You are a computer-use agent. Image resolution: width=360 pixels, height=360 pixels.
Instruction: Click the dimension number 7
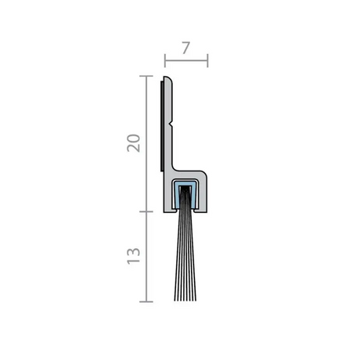click(x=185, y=48)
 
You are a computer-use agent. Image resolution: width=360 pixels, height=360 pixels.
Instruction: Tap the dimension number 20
click(x=134, y=143)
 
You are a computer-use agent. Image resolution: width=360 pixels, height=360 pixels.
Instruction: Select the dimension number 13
click(x=134, y=256)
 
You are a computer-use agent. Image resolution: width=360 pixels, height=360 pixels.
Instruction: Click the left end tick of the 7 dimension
click(x=165, y=61)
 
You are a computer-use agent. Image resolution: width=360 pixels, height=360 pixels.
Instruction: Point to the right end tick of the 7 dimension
click(x=207, y=61)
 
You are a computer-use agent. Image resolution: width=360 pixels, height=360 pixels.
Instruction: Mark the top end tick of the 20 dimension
click(x=146, y=76)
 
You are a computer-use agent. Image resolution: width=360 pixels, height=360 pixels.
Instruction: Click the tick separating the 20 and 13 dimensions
click(x=146, y=211)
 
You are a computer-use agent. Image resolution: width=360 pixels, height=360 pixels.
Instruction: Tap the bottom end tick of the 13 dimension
click(x=146, y=301)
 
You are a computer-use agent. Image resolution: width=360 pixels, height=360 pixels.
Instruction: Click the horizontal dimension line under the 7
click(x=186, y=61)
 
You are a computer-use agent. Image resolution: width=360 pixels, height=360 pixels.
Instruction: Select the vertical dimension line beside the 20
click(x=146, y=144)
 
